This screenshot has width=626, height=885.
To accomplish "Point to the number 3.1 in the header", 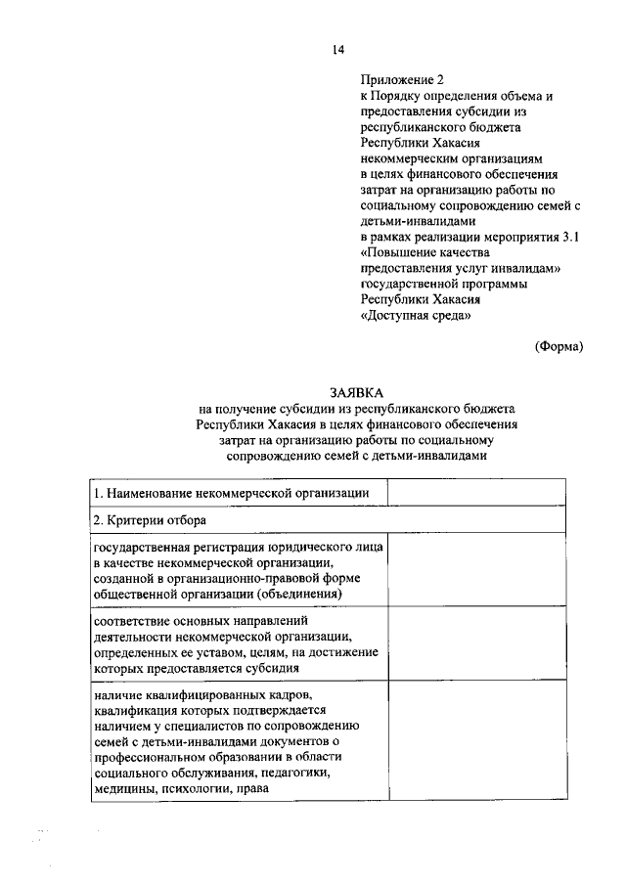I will coord(573,238).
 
